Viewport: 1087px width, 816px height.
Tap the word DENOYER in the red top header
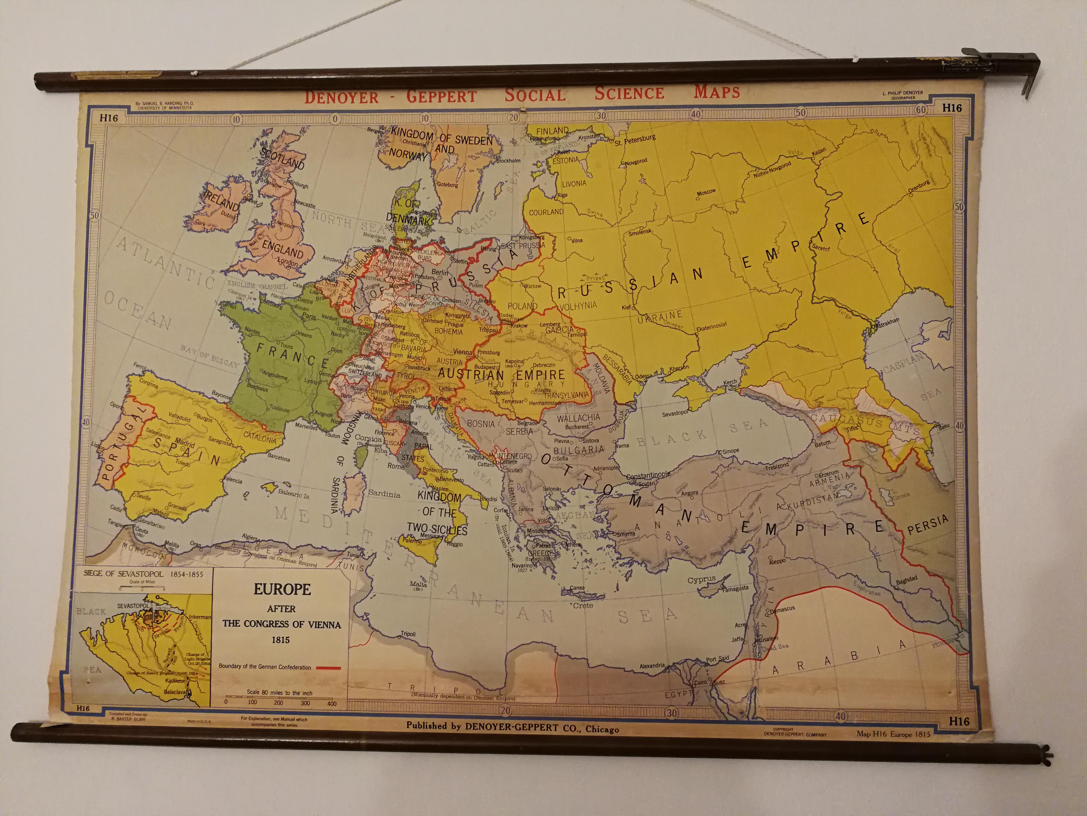(x=341, y=96)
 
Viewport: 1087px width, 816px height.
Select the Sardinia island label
(x=384, y=494)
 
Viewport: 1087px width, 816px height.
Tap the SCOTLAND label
(x=282, y=158)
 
